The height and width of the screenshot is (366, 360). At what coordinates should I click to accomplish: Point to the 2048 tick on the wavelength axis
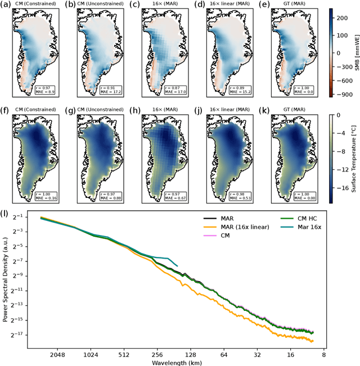point(57,355)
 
